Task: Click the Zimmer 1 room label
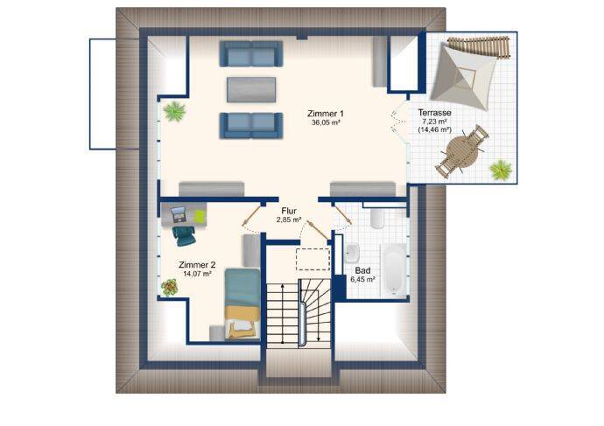point(326,114)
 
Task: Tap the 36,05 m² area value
point(326,122)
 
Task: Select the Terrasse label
point(434,113)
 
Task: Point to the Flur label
point(289,211)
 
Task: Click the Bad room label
point(362,270)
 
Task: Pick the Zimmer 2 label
point(197,265)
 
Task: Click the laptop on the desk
point(179,214)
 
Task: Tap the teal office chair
point(184,235)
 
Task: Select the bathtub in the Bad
point(394,270)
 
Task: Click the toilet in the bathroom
point(377,218)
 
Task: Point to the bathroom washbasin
point(352,253)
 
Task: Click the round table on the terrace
point(462,151)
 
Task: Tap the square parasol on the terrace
point(464,76)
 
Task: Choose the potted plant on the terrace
point(501,170)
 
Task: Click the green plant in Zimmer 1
point(174,112)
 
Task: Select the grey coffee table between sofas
point(251,90)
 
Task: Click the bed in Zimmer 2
point(242,304)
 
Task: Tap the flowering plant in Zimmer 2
point(170,287)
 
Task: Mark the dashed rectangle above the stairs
point(313,260)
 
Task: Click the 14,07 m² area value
point(197,274)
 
